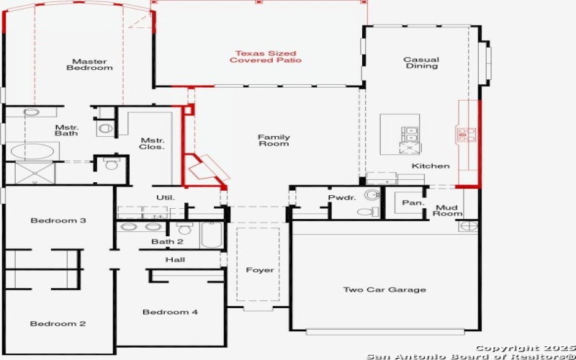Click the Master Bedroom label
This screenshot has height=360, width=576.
coord(90,64)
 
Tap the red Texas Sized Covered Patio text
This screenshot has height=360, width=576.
coord(266,56)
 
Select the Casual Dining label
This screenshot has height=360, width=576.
coord(421,63)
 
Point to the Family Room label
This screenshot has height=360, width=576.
coord(274,140)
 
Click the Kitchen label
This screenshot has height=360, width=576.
coord(431,166)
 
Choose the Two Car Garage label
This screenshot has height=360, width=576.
coord(384,289)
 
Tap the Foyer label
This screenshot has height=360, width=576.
coord(259,270)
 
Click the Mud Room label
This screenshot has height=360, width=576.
coord(447,210)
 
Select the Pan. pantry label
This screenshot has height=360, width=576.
coord(413,203)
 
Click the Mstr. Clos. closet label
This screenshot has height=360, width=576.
coord(152,143)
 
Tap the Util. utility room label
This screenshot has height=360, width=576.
coord(166,197)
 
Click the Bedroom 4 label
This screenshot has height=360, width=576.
coord(170,312)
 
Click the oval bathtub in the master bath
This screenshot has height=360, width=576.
coord(33,152)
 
